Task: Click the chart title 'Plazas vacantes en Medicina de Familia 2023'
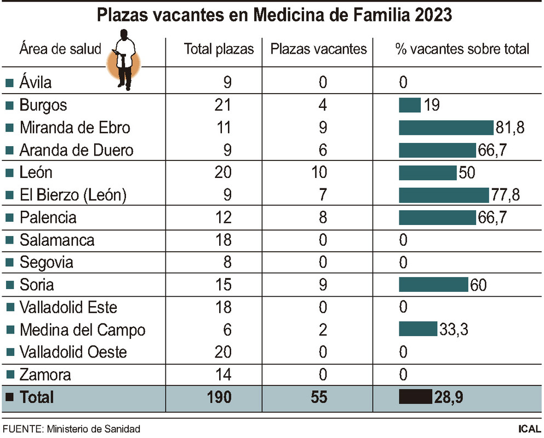274,15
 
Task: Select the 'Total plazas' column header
219,49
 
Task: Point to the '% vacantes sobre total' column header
462,49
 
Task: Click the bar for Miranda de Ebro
446,128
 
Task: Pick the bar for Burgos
410,105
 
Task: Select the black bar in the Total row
416,397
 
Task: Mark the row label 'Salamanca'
57,240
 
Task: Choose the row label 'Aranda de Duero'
76,150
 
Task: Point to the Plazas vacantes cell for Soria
323,285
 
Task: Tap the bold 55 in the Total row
319,397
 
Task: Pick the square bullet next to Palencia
9,218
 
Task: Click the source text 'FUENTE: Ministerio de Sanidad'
71,429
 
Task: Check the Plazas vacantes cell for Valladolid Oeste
323,352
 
